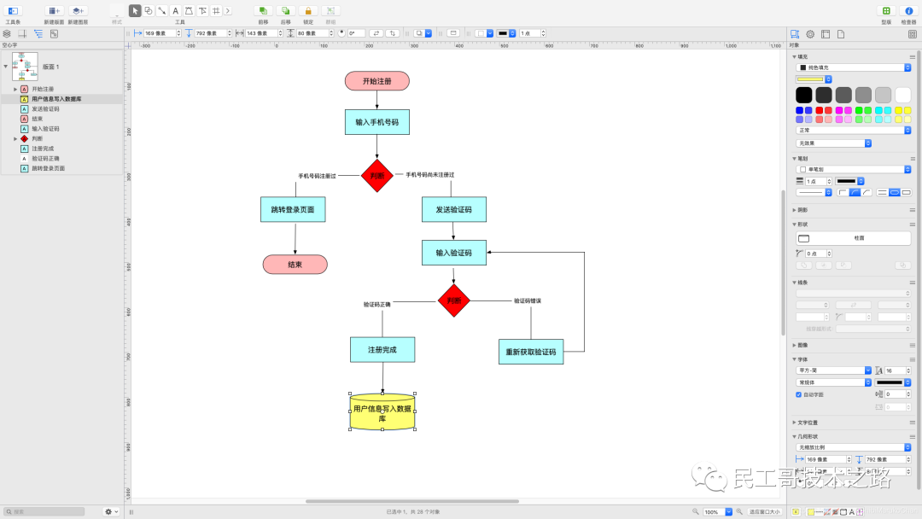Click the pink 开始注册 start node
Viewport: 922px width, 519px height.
point(376,81)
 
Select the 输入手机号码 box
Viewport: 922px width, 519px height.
point(376,122)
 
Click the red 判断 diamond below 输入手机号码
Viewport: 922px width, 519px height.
point(376,176)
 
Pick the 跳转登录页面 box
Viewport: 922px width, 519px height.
point(293,209)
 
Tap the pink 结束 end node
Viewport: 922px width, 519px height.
point(295,265)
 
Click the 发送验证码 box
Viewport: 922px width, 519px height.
point(453,209)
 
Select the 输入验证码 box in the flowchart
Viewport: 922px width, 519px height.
point(453,253)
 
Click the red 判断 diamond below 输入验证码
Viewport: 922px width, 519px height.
point(453,300)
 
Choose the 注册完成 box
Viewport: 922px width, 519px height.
point(382,350)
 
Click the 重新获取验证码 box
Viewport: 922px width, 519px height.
point(530,352)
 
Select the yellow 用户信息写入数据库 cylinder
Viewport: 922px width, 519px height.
point(382,413)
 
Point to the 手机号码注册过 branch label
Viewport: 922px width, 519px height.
point(317,176)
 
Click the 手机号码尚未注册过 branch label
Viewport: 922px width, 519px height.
point(429,175)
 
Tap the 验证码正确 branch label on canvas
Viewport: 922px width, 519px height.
point(376,304)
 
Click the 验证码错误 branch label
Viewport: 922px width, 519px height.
point(528,300)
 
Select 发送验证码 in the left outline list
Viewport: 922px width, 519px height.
point(46,109)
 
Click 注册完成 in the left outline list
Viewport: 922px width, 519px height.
point(43,149)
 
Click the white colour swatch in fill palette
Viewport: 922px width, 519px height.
point(902,95)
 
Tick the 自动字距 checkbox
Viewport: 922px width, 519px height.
point(799,394)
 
